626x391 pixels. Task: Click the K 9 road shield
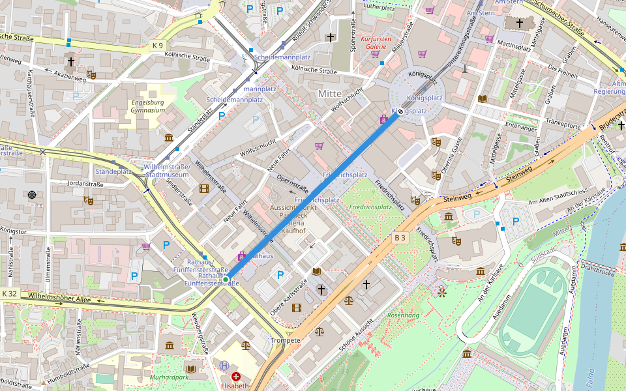[x=157, y=46]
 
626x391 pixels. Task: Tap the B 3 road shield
[x=400, y=238]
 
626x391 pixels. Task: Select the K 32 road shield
[x=10, y=294]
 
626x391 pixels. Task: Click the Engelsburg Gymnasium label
[x=148, y=106]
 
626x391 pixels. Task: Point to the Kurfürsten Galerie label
[x=375, y=42]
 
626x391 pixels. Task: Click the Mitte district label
[x=329, y=94]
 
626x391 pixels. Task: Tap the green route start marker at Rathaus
[x=226, y=280]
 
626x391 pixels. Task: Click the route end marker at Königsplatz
[x=400, y=111]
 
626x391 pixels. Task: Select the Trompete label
[x=286, y=340]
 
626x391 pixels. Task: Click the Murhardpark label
[x=168, y=377]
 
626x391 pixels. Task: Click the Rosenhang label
[x=403, y=315]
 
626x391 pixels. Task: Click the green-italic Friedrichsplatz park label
[x=370, y=207]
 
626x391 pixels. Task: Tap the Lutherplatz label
[x=380, y=8]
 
